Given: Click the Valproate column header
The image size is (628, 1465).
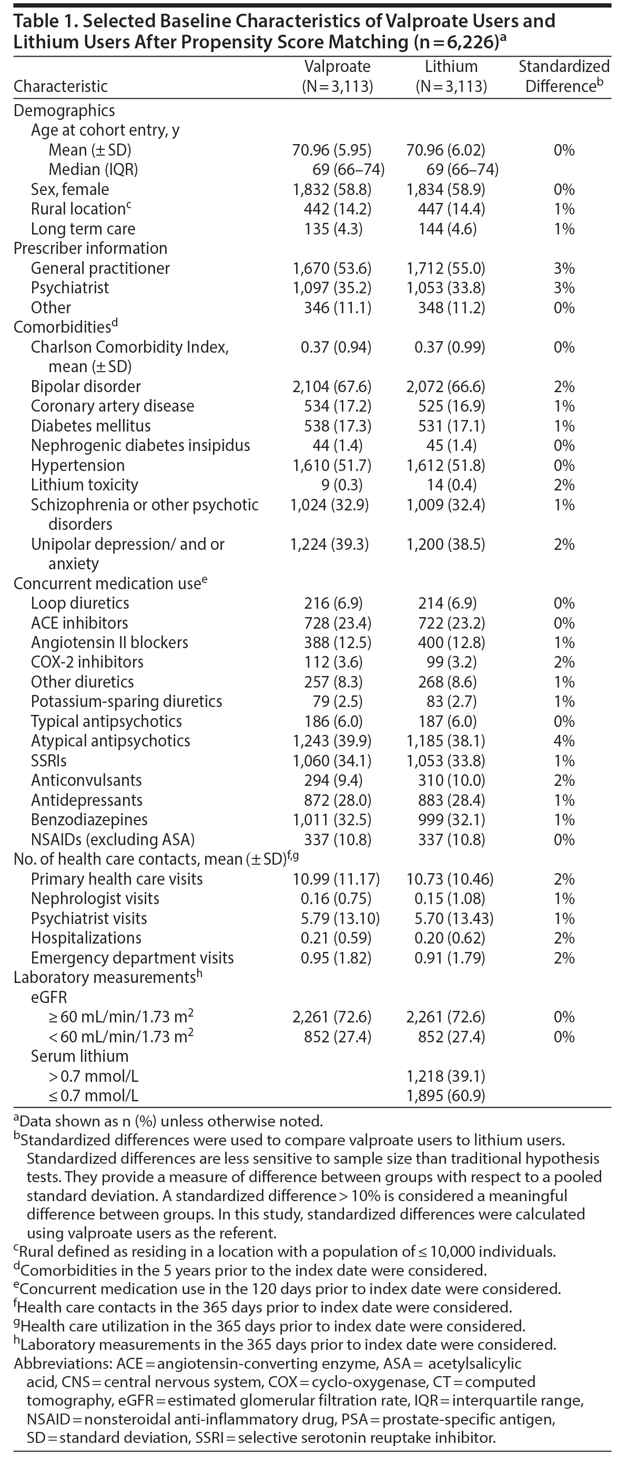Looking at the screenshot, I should pos(337,76).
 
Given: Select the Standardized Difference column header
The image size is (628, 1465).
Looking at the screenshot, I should pos(564,76).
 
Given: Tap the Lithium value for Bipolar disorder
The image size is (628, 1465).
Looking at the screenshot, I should pos(445,387).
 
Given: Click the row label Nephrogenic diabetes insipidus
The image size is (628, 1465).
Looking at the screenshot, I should pos(140,445).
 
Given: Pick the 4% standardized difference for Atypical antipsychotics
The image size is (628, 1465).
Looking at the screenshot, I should pos(564,741).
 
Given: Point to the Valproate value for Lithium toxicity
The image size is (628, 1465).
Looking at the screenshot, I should pos(334,485).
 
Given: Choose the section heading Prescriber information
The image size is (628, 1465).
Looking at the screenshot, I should pos(90,249).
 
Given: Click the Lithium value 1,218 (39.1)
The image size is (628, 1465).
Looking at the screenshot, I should pos(445,1076).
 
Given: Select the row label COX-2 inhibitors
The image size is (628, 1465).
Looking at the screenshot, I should pos(87,662).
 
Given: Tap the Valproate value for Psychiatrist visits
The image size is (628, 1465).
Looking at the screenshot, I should pos(336,918).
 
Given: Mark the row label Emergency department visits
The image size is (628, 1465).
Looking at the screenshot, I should pos(132,958).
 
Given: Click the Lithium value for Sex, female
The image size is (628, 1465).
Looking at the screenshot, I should pos(445,189).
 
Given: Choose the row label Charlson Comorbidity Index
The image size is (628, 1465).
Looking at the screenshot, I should pos(130,347).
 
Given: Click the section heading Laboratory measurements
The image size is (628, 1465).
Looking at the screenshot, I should pos(105,978).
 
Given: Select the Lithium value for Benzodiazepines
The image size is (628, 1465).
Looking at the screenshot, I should pos(445,820).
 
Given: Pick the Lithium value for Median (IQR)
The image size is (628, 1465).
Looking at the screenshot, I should pos(462,169).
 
